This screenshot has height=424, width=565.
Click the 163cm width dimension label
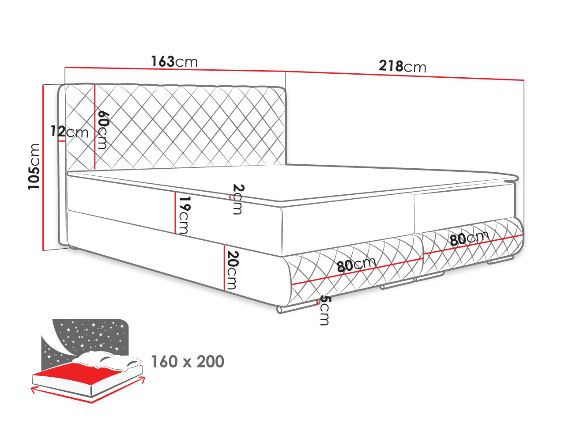click(x=174, y=61)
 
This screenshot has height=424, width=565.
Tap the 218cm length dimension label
click(x=402, y=66)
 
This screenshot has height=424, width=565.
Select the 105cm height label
click(x=34, y=167)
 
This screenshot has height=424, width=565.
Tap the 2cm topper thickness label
click(x=237, y=199)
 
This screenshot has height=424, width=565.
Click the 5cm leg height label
click(x=324, y=310)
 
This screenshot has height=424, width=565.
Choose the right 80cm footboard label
click(x=469, y=238)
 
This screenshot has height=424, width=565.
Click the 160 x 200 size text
click(x=188, y=361)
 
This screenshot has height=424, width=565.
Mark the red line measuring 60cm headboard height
click(x=95, y=127)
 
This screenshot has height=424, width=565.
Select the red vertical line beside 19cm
click(x=175, y=212)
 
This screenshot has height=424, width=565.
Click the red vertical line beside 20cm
click(x=225, y=268)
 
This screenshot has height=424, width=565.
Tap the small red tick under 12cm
click(x=61, y=141)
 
